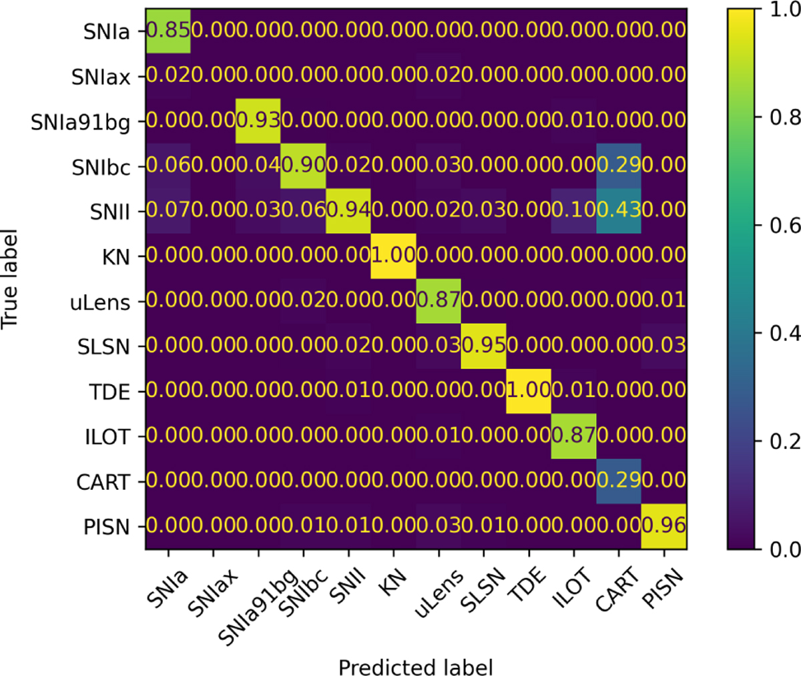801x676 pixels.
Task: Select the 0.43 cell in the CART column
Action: pos(618,211)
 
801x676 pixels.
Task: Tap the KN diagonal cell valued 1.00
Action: pos(393,256)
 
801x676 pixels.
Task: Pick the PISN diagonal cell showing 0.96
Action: pos(663,527)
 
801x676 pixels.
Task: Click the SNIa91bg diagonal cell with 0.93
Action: pos(258,120)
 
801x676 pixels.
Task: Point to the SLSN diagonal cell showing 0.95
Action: pos(483,346)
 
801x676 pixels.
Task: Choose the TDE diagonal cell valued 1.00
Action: pos(528,391)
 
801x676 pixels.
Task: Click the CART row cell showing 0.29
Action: pos(618,481)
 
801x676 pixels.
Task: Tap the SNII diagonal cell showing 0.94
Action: pos(348,211)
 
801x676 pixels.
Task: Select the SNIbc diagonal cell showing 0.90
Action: pos(303,165)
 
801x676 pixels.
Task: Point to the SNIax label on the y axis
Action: pos(100,76)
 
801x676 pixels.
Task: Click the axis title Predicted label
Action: pos(415,667)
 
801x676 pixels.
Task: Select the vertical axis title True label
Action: pos(9,279)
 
